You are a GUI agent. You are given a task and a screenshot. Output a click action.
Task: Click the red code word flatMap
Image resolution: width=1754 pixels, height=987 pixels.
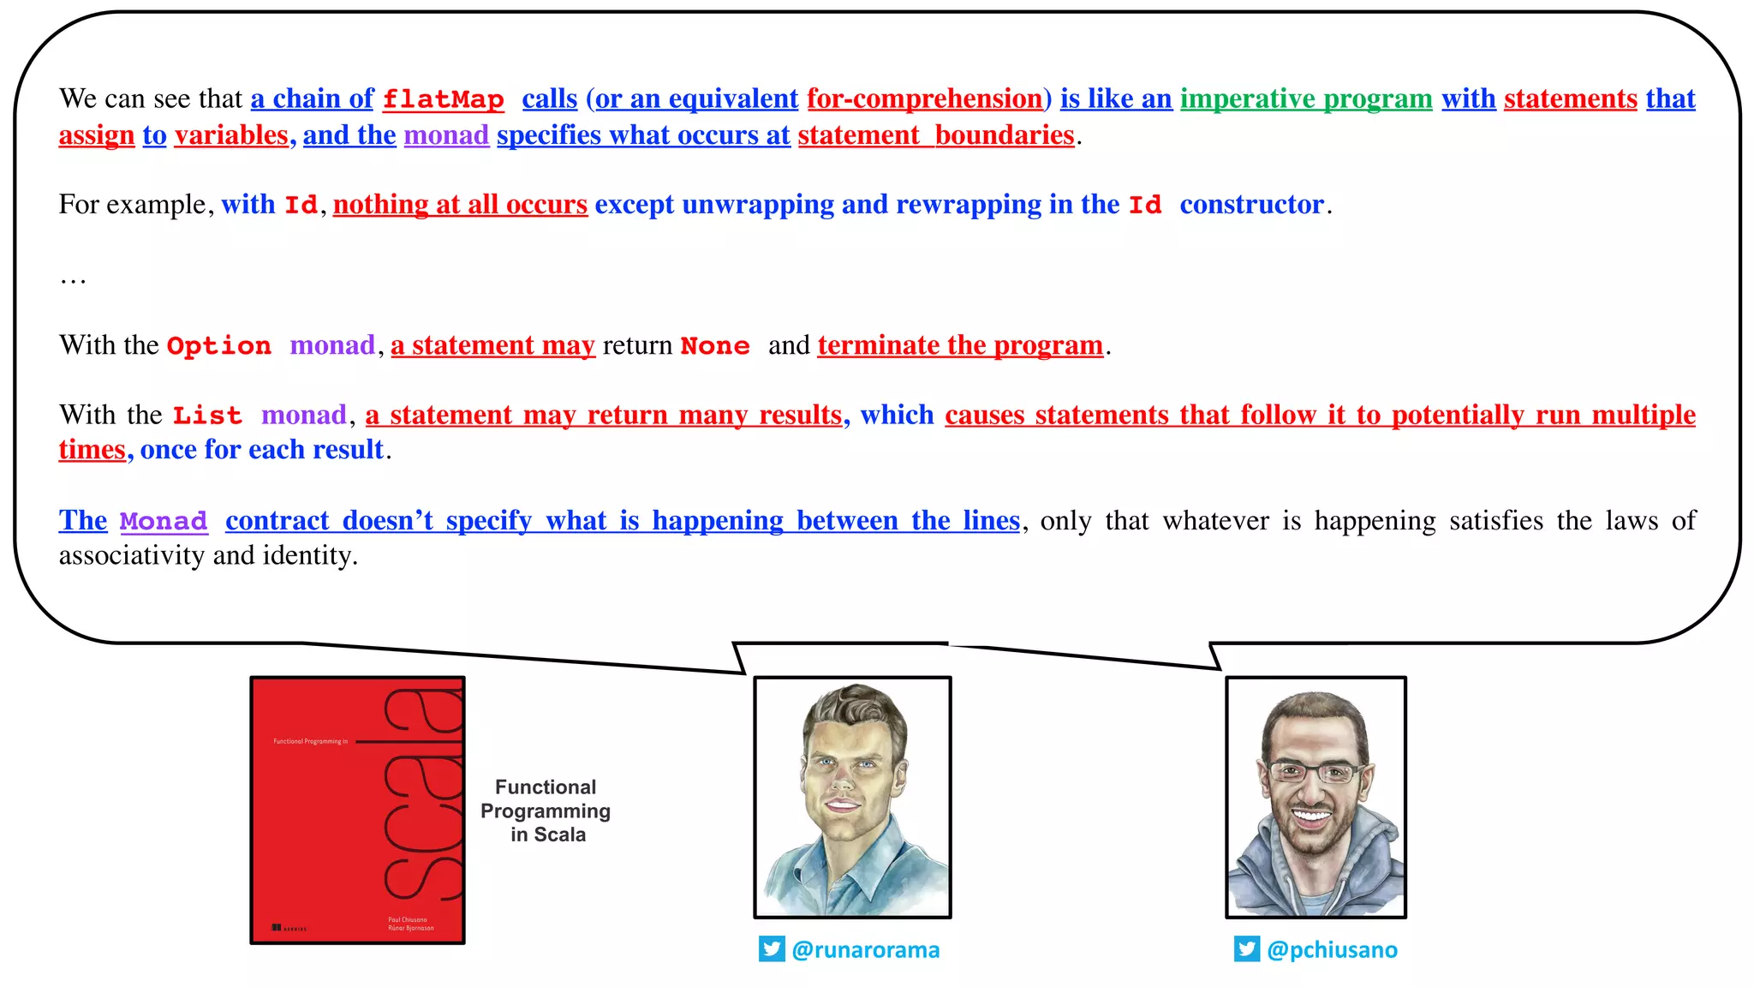click(x=443, y=99)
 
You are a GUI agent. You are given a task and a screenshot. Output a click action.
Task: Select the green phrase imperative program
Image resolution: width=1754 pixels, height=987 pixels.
click(x=1306, y=99)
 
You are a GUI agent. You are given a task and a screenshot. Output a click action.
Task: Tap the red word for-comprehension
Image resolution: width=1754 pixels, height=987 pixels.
click(x=924, y=99)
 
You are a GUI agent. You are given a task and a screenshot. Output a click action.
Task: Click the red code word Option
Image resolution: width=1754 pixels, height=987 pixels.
click(x=218, y=346)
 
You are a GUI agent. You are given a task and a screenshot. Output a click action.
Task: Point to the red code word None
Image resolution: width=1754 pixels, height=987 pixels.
click(x=715, y=346)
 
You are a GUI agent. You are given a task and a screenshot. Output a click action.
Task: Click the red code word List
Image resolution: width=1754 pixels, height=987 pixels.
click(x=207, y=416)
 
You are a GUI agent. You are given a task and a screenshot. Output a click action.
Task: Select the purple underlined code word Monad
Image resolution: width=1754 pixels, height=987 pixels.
click(x=164, y=522)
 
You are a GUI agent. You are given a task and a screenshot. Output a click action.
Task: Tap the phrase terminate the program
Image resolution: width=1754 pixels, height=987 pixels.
click(x=960, y=345)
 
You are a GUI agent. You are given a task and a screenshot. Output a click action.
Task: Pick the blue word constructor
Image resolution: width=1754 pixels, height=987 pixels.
click(x=1251, y=205)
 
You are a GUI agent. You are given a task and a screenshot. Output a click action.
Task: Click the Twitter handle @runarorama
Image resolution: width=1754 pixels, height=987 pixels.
click(x=865, y=950)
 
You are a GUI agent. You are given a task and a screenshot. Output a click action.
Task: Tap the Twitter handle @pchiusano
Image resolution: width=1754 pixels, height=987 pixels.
click(x=1332, y=950)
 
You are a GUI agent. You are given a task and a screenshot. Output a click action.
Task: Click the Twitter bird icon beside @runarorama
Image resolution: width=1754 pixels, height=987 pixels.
click(x=772, y=949)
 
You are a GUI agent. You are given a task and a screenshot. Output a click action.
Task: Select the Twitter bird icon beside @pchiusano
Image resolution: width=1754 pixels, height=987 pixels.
click(x=1247, y=949)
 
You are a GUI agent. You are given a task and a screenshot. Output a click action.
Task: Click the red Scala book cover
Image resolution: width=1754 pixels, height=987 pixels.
click(x=357, y=810)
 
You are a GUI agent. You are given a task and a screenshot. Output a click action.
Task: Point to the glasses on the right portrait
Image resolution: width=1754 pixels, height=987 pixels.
click(x=1315, y=773)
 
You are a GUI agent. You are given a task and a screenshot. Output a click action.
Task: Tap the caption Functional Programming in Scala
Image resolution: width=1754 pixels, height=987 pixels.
click(x=546, y=811)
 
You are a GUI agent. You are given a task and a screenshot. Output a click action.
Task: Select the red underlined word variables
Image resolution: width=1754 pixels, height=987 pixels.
click(x=231, y=135)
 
